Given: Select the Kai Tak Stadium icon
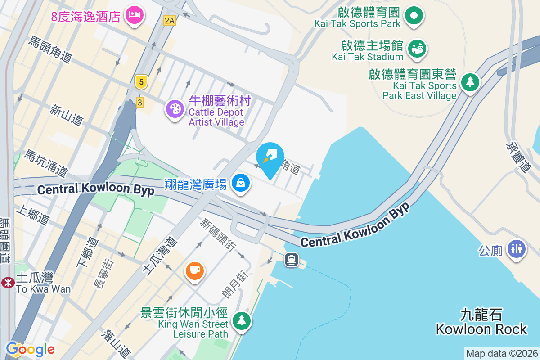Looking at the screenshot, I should tap(417, 48).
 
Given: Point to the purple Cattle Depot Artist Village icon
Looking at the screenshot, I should tap(174, 109).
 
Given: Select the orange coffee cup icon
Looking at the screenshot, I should tap(194, 270).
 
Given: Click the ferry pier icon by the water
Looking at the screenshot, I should tap(292, 260).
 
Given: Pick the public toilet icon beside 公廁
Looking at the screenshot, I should tap(516, 248).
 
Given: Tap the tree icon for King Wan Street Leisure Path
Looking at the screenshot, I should tap(242, 321).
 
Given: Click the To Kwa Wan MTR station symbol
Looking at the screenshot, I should tap(7, 282).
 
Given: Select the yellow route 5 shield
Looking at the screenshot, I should tap(141, 82).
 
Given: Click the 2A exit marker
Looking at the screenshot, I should tap(169, 20).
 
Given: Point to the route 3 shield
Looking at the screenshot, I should tap(140, 103).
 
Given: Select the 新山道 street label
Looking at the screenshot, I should tap(67, 115).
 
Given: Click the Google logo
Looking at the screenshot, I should tap(30, 349).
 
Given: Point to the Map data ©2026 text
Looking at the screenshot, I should tap(502, 353).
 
